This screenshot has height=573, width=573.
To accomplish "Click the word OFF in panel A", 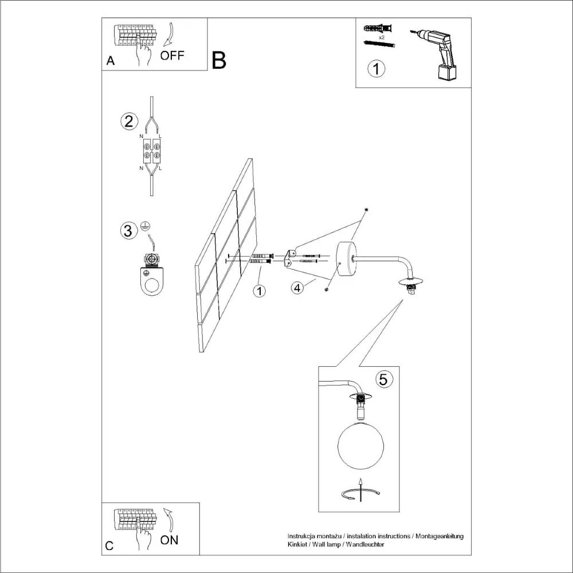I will coord(172,56).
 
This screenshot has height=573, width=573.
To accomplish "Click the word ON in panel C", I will coord(169,540).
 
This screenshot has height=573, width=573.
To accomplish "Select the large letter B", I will coord(219,60).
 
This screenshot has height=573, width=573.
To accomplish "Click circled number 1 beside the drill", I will coord(376,69).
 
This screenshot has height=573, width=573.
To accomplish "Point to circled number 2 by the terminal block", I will coord(129,121).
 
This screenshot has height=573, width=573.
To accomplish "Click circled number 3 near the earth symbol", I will coord(129,230).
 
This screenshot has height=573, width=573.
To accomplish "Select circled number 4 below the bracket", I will coord(297,288).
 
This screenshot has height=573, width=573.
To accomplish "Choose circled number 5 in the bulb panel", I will coord(383,379).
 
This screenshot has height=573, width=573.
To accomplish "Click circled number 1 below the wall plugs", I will coord(260,291).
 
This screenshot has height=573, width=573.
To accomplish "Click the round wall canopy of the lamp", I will coord(346,259).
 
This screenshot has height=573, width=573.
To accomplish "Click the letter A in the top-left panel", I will coord(111,61).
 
